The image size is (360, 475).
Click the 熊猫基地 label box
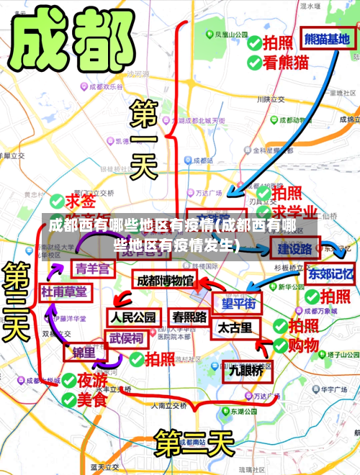[x=327, y=39]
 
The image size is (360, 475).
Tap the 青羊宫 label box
[x=94, y=268]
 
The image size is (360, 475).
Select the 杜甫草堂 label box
[x=64, y=291]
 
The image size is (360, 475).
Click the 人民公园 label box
[x=133, y=317]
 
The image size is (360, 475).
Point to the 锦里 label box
[x=84, y=353]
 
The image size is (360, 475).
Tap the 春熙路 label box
[x=189, y=316]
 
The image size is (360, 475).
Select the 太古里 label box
[x=235, y=328]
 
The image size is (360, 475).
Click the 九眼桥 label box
[x=246, y=371]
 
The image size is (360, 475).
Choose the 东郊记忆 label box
[x=331, y=273]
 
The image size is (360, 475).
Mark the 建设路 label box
[x=295, y=249]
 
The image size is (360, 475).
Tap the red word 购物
[x=303, y=345]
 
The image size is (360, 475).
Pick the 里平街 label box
[x=238, y=304]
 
